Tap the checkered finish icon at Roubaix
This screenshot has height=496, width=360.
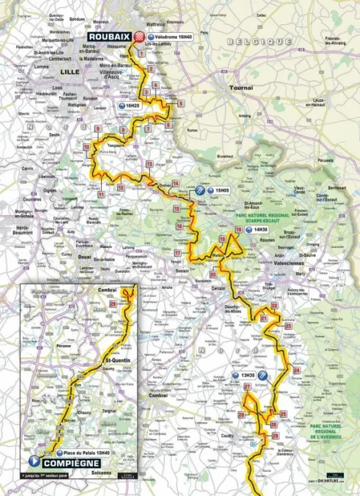tap(140, 37)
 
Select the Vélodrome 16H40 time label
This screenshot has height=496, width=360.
tap(169, 37)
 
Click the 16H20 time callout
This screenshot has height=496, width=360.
tap(131, 106)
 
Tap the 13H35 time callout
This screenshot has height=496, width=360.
tap(244, 376)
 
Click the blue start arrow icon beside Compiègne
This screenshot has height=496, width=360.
tap(33, 461)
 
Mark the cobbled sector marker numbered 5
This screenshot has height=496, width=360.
tap(180, 104)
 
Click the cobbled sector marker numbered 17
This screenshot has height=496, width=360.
tap(177, 254)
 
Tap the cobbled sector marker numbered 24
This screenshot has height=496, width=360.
tap(296, 370)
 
